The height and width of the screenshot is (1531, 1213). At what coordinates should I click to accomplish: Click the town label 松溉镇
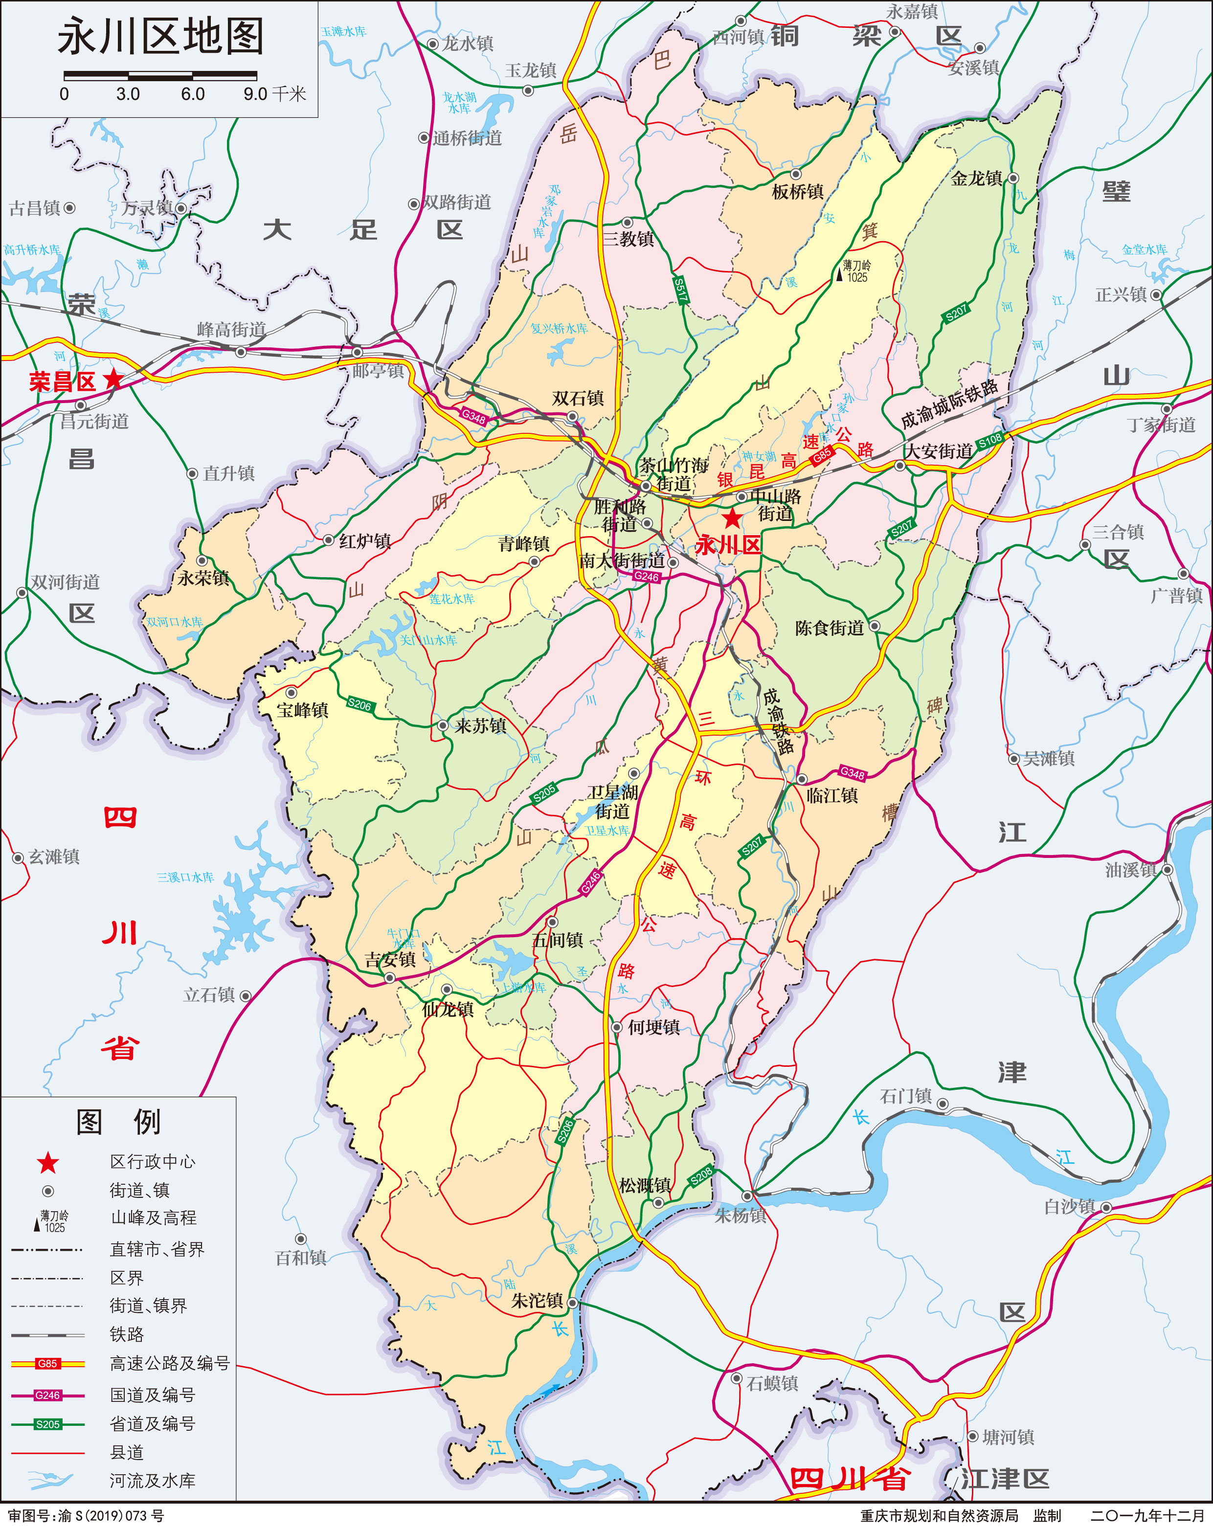pyautogui.click(x=645, y=1185)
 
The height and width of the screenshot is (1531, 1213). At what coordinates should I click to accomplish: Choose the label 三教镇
pyautogui.click(x=629, y=239)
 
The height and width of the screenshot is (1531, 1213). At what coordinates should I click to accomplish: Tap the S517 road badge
pyautogui.click(x=680, y=290)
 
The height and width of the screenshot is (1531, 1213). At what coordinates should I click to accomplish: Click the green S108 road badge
pyautogui.click(x=989, y=440)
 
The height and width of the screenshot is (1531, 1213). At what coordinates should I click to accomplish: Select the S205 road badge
pyautogui.click(x=545, y=794)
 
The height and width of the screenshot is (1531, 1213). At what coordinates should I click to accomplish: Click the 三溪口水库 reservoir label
pyautogui.click(x=185, y=878)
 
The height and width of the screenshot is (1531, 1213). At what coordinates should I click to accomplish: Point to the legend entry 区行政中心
pyautogui.click(x=152, y=1162)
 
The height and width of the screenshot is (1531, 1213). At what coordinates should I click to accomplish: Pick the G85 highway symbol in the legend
pyautogui.click(x=47, y=1363)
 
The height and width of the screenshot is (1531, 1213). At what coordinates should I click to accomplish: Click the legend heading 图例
pyautogui.click(x=118, y=1123)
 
